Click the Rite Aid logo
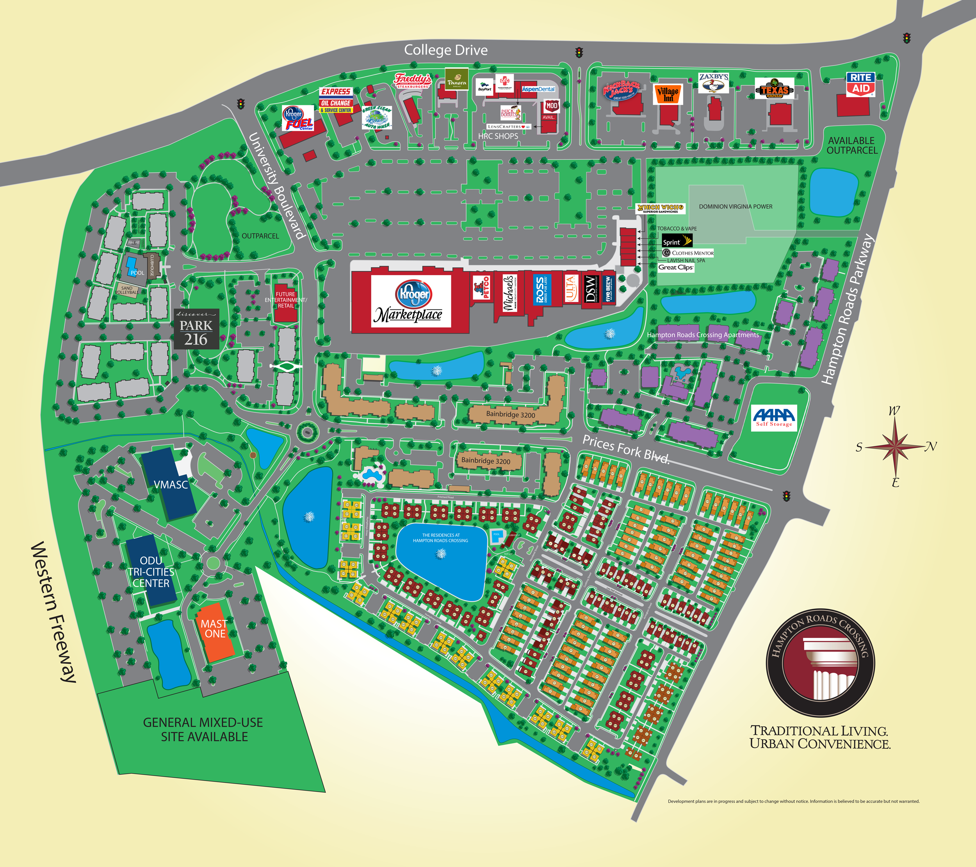(x=861, y=84)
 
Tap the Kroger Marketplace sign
(x=411, y=301)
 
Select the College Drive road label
(x=445, y=50)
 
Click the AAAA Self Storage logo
(x=773, y=418)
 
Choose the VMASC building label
(x=171, y=484)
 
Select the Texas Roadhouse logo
(x=774, y=89)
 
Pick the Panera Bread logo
(x=456, y=79)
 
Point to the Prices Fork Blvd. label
(x=626, y=449)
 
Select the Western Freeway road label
(x=53, y=612)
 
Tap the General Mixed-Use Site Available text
(x=203, y=729)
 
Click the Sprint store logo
(x=677, y=241)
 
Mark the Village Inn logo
(x=668, y=94)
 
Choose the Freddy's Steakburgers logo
(x=413, y=80)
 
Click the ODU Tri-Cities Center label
(x=151, y=572)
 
